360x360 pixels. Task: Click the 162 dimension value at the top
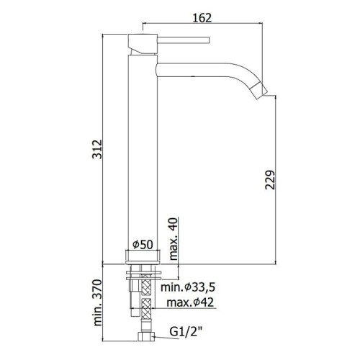tap(202, 18)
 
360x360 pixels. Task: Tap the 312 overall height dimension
tap(97, 149)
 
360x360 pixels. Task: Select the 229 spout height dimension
tap(270, 180)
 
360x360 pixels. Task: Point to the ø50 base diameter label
tap(143, 245)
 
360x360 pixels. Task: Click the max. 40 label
tap(174, 239)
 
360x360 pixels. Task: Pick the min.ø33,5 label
tap(188, 287)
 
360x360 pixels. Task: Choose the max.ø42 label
tap(190, 302)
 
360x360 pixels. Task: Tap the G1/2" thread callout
tap(186, 332)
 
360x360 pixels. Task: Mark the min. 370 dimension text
tap(97, 302)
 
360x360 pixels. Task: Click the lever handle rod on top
tap(184, 40)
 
